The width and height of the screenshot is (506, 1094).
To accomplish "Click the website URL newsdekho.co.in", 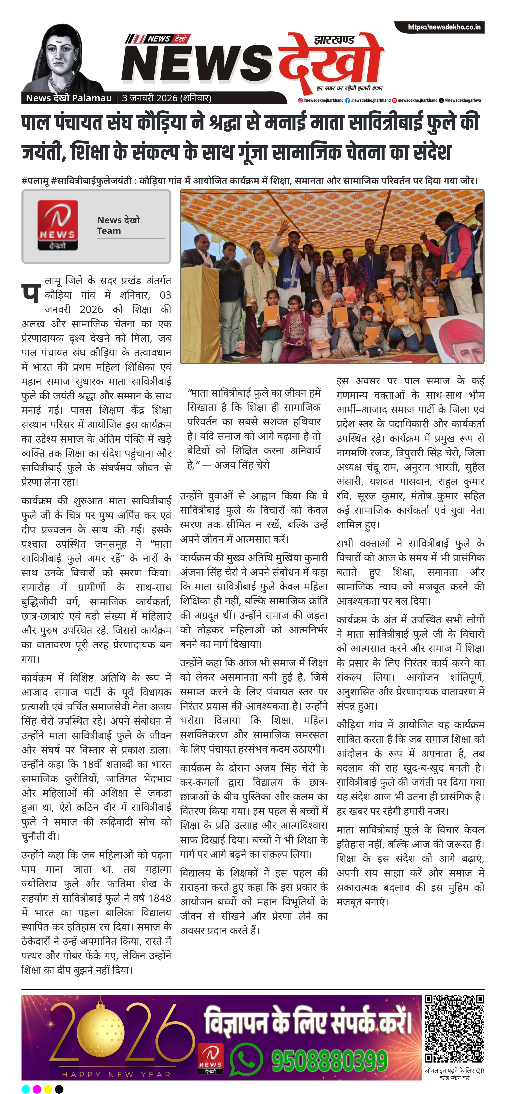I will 444,27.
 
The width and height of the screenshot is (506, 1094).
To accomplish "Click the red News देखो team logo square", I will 57,225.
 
